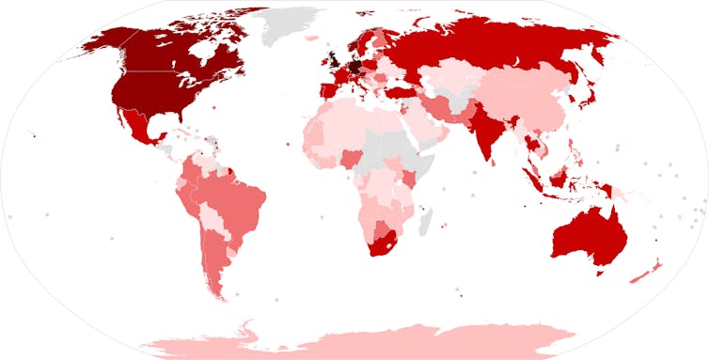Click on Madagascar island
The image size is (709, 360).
tap(426, 223)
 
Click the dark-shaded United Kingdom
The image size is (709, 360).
tap(333, 60)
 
